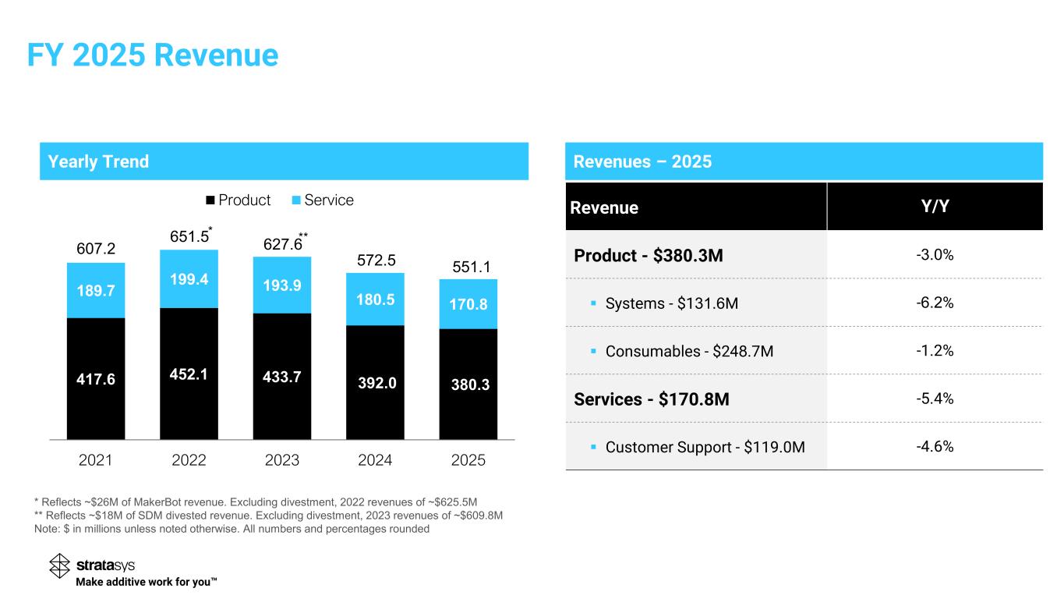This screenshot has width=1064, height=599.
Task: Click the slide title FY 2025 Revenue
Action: coord(152,55)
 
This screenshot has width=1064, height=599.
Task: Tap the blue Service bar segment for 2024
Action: coord(375,299)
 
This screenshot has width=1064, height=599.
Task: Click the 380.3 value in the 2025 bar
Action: coord(468,383)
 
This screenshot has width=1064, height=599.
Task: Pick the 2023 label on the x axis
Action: coord(282,460)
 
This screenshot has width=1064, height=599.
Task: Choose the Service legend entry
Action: coord(321,200)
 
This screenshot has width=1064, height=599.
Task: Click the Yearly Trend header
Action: coord(98,161)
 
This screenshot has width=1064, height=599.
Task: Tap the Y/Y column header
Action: coord(935,207)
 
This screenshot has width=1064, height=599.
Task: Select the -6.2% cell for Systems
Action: coord(935,303)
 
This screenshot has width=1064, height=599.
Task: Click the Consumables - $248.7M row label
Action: coord(689,351)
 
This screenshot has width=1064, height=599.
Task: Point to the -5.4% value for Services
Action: coord(935,399)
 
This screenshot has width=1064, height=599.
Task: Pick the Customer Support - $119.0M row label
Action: coord(705,448)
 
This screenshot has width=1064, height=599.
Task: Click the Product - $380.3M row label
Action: coord(649,255)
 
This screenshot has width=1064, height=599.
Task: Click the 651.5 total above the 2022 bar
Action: coord(189,236)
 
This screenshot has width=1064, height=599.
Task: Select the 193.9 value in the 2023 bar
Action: coord(282,285)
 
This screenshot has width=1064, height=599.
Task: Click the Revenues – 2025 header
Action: coord(642,161)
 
